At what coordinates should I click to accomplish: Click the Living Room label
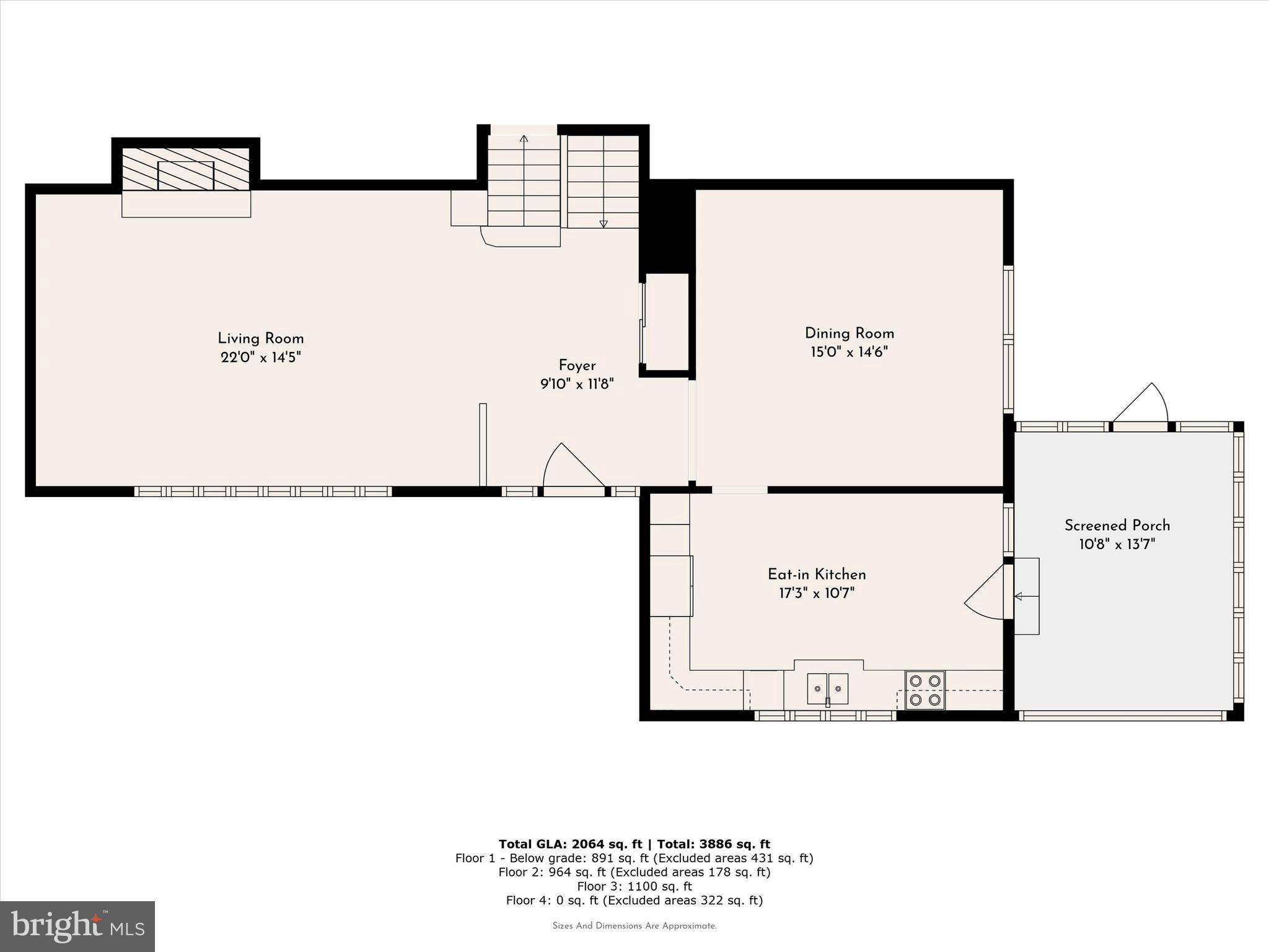pos(260,338)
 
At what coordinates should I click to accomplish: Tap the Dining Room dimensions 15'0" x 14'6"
pos(849,352)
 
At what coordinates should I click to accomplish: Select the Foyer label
pos(577,366)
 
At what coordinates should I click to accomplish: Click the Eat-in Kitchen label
pos(817,574)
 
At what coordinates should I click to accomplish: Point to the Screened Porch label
pos(1117,526)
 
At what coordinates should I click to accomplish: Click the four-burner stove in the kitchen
pos(924,690)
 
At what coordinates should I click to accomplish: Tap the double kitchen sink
pos(827,689)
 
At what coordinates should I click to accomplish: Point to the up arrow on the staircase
pos(524,139)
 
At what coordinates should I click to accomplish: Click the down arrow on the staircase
pos(604,224)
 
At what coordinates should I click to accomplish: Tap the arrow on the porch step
pos(1025,596)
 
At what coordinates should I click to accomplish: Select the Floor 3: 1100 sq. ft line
pos(634,886)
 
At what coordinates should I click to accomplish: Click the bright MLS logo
pos(77,926)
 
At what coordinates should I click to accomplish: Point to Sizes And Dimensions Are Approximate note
pos(634,926)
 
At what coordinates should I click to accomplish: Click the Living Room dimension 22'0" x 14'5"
pos(260,358)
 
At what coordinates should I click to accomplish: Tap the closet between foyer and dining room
pos(666,322)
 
